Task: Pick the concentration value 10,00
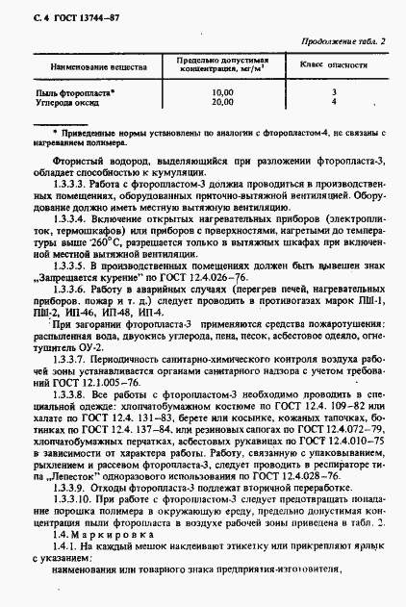pyautogui.click(x=221, y=92)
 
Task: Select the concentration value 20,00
pyautogui.click(x=221, y=101)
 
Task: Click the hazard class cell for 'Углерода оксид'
pyautogui.click(x=333, y=101)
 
